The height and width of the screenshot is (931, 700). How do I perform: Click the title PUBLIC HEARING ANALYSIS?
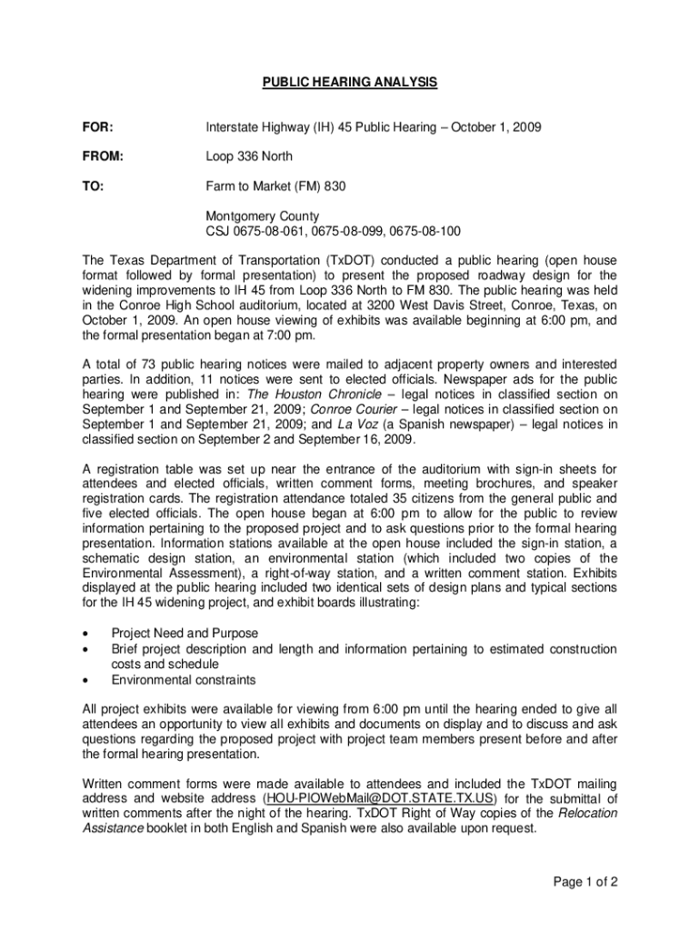[x=350, y=83]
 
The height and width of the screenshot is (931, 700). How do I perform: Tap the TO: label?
[x=93, y=186]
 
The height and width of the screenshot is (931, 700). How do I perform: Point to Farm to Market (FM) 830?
[x=275, y=186]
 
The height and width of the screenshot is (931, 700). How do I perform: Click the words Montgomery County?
[x=262, y=216]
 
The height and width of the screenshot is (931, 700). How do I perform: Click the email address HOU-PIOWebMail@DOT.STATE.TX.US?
[x=378, y=798]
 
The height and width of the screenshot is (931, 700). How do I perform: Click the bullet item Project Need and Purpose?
[x=185, y=633]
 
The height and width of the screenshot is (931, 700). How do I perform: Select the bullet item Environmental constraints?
[x=184, y=680]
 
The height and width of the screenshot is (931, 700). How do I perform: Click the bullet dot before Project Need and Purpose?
[x=85, y=634]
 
